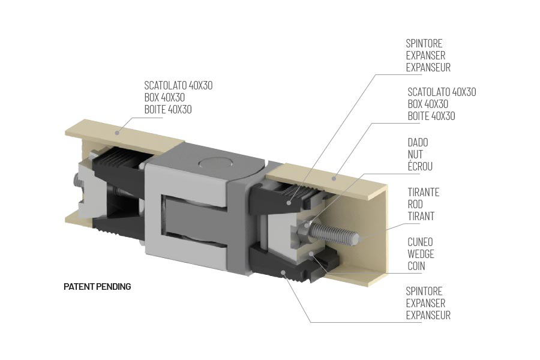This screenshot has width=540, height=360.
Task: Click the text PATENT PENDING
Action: click(x=97, y=287)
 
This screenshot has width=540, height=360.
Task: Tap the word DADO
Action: click(x=418, y=143)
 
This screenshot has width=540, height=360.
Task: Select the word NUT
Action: click(x=415, y=155)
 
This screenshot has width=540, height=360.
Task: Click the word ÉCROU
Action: click(x=419, y=167)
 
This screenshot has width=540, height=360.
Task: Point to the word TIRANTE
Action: click(x=423, y=192)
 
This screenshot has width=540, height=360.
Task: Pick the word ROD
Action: click(x=415, y=204)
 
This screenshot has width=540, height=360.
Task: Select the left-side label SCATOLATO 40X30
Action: click(x=178, y=85)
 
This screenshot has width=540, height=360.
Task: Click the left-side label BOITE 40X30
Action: click(x=168, y=109)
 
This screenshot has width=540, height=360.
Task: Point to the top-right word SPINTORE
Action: click(x=424, y=44)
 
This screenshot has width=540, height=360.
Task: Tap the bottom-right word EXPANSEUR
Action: click(x=428, y=315)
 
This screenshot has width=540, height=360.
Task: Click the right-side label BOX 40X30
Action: click(x=427, y=104)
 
